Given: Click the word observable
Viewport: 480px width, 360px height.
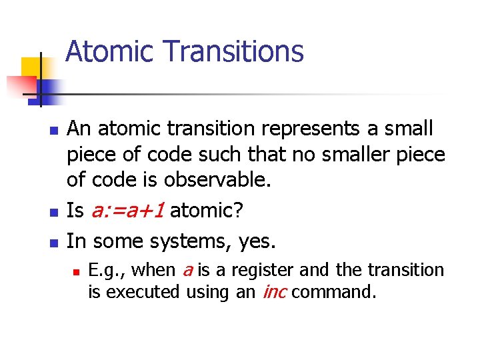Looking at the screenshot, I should point(231,181).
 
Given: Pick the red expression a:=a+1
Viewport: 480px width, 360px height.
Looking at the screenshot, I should point(127,211).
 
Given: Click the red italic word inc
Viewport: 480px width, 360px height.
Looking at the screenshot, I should point(275,292).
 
